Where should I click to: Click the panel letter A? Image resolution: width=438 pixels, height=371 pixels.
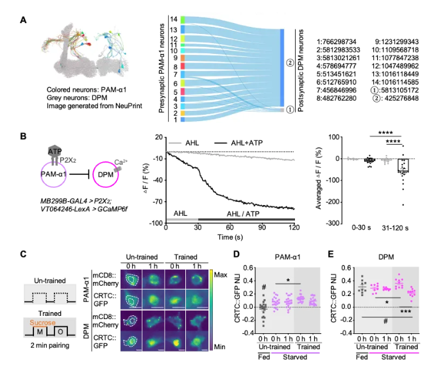24,21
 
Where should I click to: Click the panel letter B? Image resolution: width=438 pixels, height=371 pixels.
24,137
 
